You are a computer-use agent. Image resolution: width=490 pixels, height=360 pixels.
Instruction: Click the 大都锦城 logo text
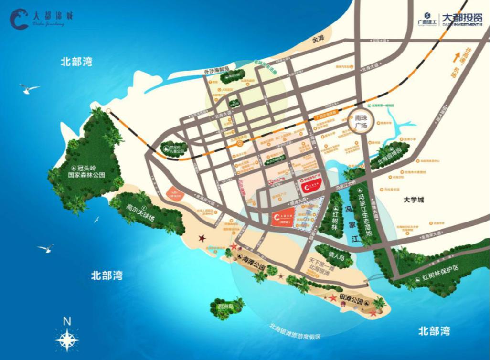[x=53, y=16]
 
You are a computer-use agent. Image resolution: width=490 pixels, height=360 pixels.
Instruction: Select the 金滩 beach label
[x=318, y=39]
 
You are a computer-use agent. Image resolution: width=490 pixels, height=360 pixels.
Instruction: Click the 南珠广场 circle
[x=360, y=119]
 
